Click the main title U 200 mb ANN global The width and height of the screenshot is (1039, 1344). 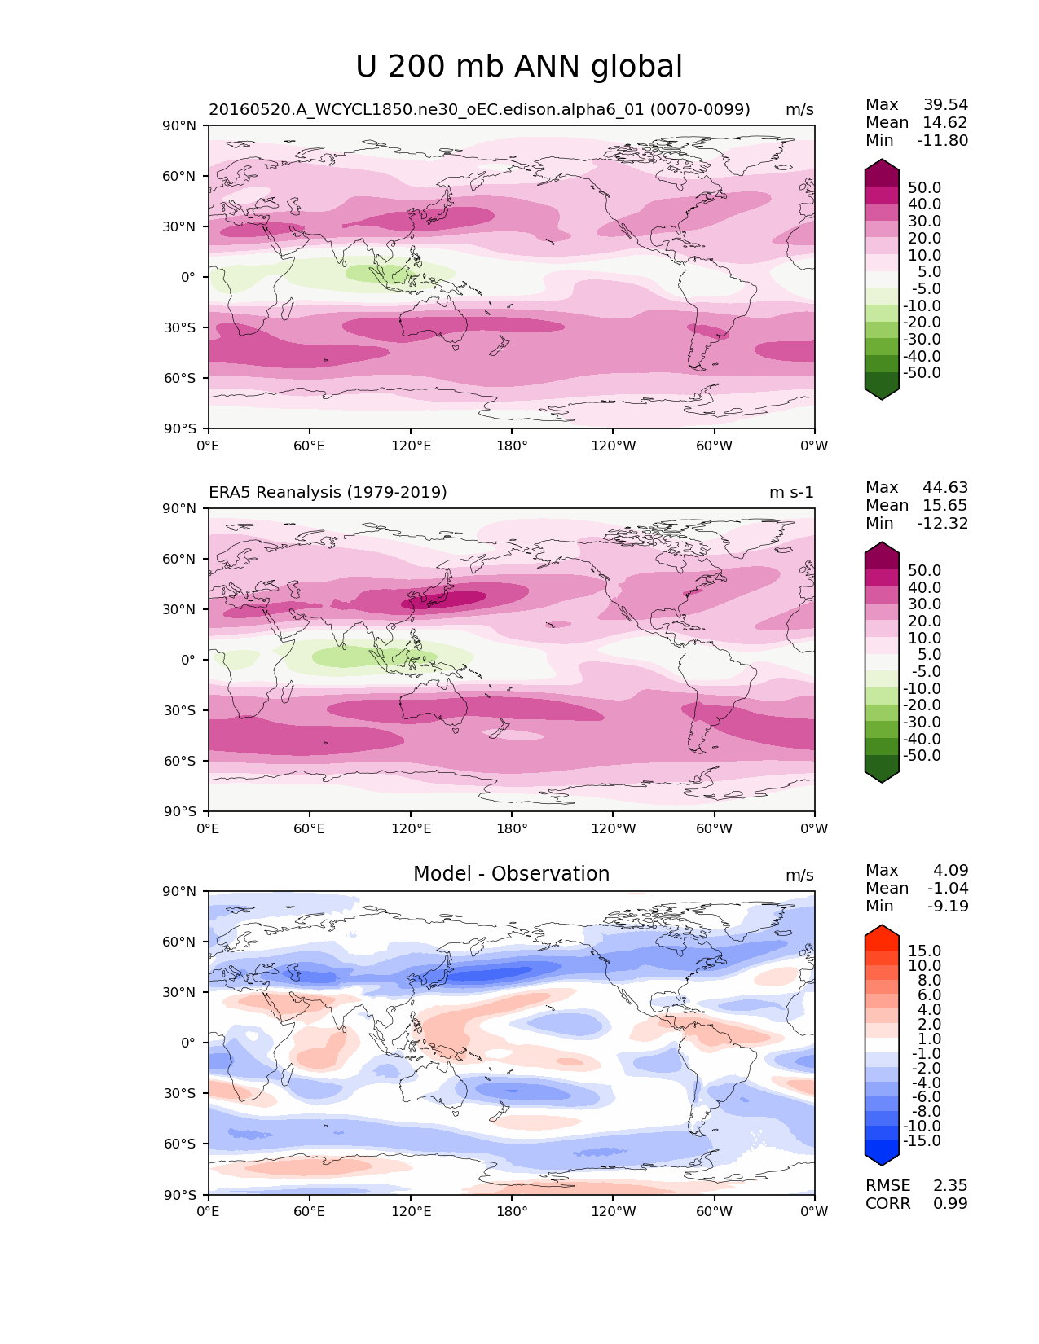519,67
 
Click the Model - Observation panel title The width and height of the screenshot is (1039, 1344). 511,874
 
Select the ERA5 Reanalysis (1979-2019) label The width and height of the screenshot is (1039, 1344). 328,493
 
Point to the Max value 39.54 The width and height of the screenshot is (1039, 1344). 945,105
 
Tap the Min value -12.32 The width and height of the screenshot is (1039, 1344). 943,524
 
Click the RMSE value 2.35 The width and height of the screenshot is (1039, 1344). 950,1186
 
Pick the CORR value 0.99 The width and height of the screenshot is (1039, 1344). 950,1204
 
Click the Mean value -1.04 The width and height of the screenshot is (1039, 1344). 948,889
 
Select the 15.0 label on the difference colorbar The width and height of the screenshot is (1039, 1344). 925,951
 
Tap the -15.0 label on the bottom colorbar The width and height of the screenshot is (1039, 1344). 922,1141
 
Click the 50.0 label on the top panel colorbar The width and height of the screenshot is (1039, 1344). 925,188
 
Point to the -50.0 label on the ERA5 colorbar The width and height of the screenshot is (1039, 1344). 922,756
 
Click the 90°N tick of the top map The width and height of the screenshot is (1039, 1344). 180,125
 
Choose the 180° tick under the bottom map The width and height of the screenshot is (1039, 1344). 512,1212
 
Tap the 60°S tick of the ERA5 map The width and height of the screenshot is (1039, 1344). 180,761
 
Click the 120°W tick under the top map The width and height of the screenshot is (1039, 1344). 613,446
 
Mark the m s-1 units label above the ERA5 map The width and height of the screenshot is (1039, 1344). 791,493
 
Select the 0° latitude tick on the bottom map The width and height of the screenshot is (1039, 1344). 187,1043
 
